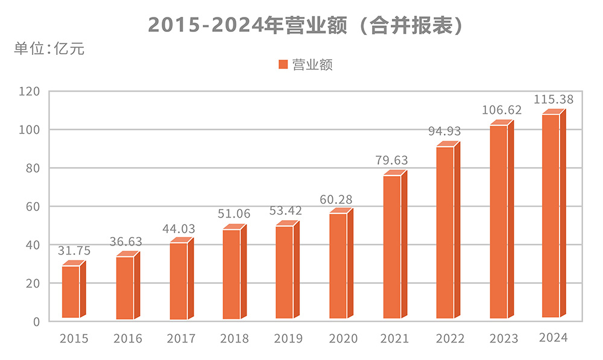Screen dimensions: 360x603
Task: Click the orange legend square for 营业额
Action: coord(282,65)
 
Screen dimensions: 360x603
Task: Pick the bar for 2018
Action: coord(232,274)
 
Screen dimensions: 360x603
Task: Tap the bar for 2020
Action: coord(338,265)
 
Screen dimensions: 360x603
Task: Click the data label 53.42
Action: coord(286,211)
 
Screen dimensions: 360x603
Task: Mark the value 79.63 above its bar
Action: coord(391,160)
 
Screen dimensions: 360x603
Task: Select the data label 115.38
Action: coord(554,99)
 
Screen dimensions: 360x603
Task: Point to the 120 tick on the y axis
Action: coord(28,92)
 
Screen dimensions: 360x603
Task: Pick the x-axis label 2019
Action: coord(288,339)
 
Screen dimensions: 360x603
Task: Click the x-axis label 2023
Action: coord(504,339)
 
